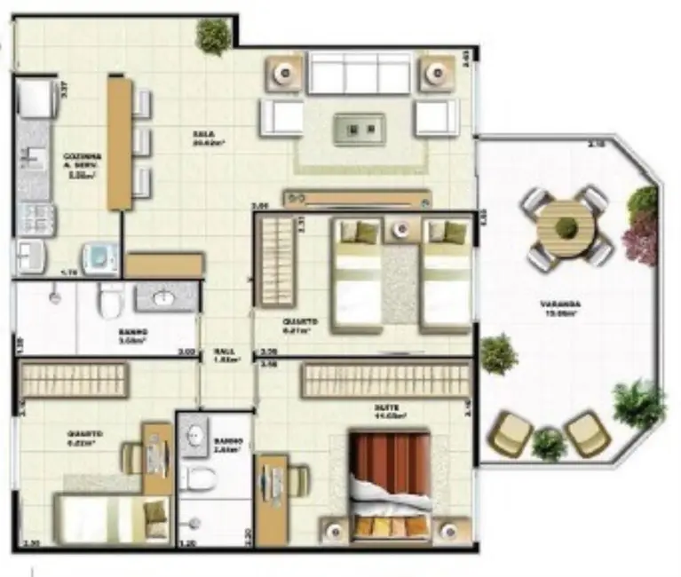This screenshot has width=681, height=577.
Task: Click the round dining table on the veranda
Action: point(565,226)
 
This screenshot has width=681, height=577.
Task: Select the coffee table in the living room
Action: point(359,129)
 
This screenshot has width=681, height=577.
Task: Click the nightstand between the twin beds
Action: point(401,230)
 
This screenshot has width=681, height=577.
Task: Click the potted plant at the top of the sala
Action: point(213,36)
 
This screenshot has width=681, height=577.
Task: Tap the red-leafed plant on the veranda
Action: point(641,238)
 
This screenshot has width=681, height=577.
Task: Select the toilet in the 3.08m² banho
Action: point(111,301)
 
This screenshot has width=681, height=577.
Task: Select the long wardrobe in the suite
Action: point(385,381)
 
